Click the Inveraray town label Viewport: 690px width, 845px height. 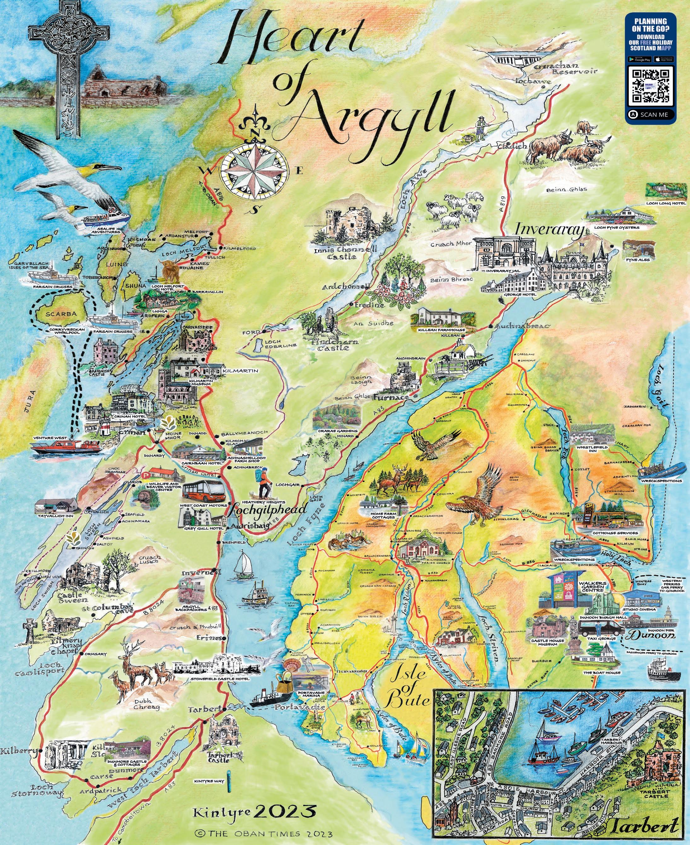click(x=550, y=230)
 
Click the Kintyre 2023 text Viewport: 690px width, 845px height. click(x=254, y=808)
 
